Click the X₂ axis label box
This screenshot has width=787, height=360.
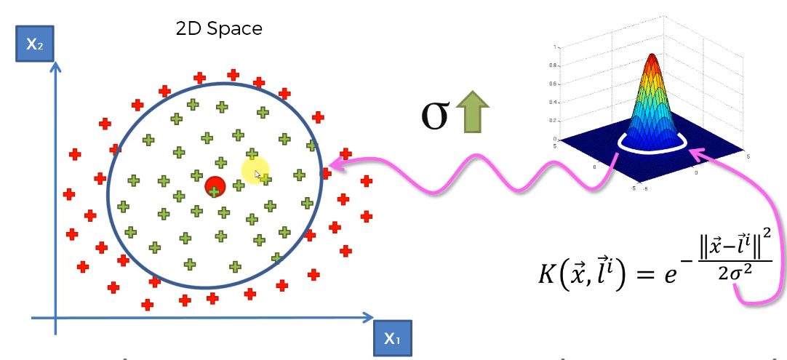(x=35, y=44)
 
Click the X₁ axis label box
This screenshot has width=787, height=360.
(x=391, y=338)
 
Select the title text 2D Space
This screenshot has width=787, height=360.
(x=219, y=28)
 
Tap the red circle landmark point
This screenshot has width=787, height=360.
(x=214, y=186)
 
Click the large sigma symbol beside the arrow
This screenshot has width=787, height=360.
(x=435, y=116)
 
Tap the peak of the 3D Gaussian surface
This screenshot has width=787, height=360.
(x=652, y=57)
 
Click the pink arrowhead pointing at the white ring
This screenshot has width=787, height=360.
(x=695, y=154)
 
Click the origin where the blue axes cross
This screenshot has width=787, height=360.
(x=56, y=318)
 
